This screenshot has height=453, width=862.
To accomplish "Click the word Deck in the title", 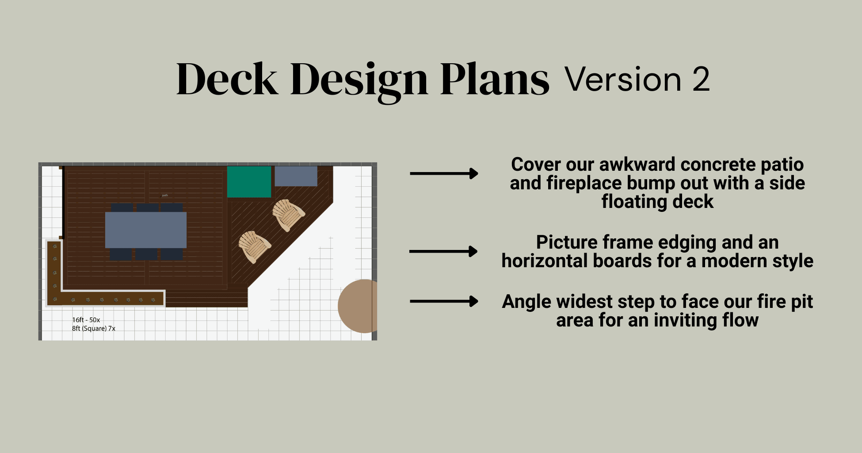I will coord(227,80).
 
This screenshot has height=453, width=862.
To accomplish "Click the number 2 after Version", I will coord(701,80).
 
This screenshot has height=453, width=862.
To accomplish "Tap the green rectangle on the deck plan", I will coord(249,181).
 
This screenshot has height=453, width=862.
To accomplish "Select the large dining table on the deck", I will coord(146,230).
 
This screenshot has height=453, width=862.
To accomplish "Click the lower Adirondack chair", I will coord(254,246).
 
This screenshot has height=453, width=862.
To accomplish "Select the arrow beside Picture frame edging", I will coord(443,251).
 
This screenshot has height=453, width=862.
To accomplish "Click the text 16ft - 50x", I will coord(86,320).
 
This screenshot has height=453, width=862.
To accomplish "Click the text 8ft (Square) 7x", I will coord(94,328).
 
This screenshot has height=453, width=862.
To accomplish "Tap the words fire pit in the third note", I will coord(785,302).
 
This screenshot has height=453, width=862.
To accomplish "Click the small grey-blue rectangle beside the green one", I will coord(296,176).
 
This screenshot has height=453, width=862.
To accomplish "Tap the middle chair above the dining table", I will coord(147,207).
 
